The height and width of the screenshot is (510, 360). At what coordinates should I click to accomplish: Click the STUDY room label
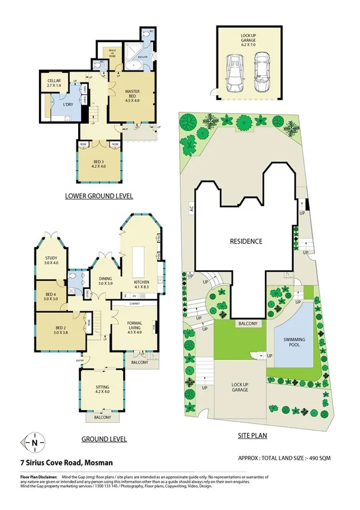[51, 260]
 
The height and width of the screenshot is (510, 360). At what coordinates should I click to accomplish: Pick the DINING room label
[106, 281]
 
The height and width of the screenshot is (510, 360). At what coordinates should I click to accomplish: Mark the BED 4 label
[50, 296]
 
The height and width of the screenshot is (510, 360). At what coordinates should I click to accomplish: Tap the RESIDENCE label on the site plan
[246, 241]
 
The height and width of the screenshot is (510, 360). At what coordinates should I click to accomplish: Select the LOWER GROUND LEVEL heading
[99, 196]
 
